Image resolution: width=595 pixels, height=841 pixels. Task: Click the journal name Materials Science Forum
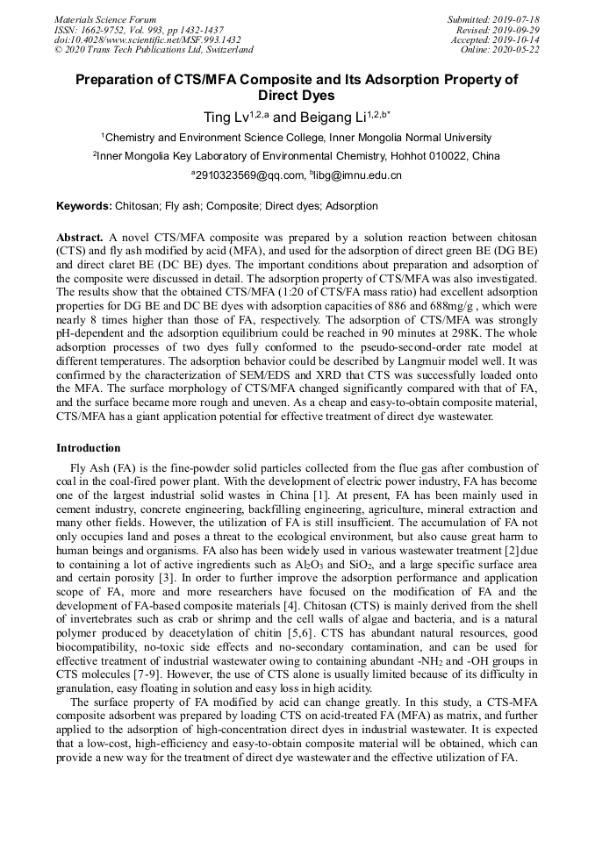pyautogui.click(x=105, y=20)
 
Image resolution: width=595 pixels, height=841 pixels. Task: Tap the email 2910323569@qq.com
pyautogui.click(x=249, y=175)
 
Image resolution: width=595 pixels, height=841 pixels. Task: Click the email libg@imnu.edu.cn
pyautogui.click(x=357, y=175)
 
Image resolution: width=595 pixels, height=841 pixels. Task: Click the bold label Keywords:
pyautogui.click(x=84, y=207)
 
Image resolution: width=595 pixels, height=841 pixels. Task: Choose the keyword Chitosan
pyautogui.click(x=137, y=207)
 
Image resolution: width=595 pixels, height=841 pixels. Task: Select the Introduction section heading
pyautogui.click(x=89, y=448)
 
